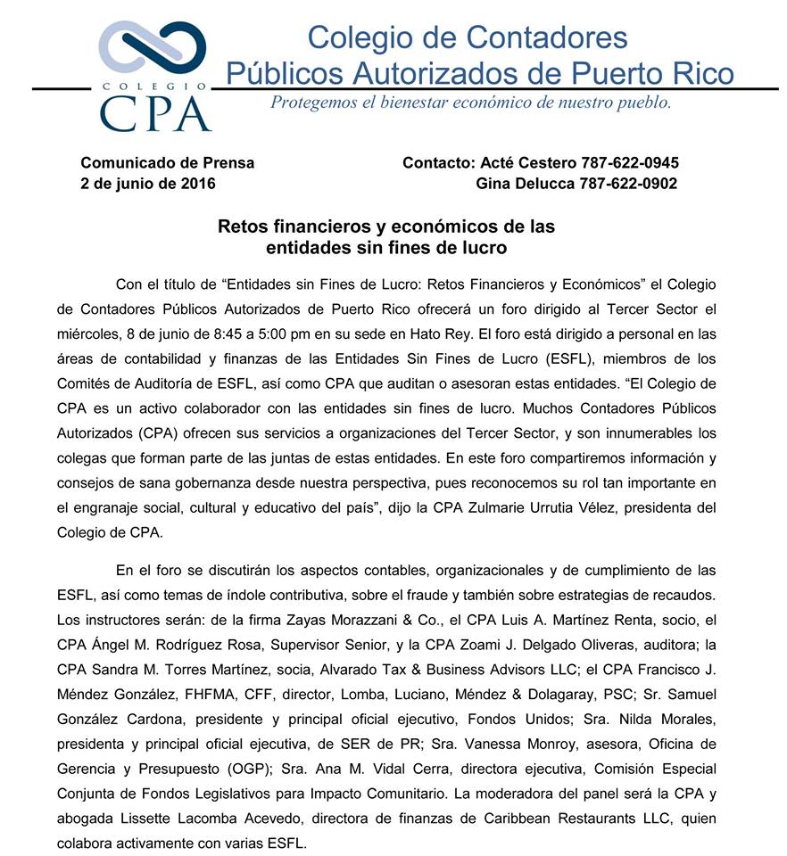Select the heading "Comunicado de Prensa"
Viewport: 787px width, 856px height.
click(x=167, y=163)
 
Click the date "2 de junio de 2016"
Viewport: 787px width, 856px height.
click(x=147, y=184)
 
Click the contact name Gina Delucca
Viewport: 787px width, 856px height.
click(x=515, y=184)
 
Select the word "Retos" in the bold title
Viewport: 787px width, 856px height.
click(x=243, y=226)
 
